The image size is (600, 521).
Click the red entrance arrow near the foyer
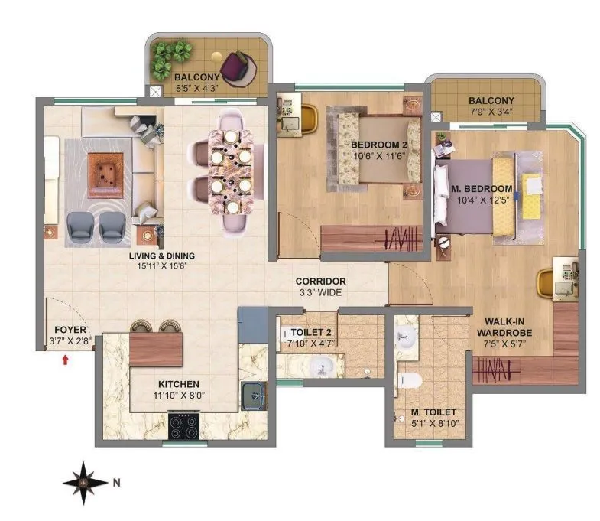66,358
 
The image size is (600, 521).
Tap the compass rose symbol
85,482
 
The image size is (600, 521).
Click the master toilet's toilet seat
410,379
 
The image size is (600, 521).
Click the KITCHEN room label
179,383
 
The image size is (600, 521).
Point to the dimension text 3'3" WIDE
321,292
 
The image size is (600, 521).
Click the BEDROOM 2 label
377,145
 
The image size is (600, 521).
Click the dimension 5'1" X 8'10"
436,422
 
